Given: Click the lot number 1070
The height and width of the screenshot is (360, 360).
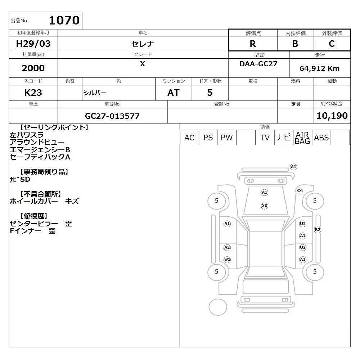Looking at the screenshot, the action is (64, 20).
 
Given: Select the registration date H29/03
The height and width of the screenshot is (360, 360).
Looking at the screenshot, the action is (33, 44).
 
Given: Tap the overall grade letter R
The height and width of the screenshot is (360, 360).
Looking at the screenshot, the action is (253, 44).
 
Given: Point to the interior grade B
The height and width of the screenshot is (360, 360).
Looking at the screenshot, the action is (295, 44).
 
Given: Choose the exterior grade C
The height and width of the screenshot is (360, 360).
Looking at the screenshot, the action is (332, 44).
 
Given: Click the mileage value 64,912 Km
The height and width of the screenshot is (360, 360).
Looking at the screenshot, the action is (319, 68).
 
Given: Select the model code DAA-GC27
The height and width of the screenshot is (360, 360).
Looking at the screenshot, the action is (258, 64).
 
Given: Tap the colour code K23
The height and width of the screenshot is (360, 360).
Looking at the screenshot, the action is (33, 93).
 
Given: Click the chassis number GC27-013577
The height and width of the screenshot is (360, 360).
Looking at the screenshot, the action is (112, 116).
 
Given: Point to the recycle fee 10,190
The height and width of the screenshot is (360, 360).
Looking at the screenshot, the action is (332, 116).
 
